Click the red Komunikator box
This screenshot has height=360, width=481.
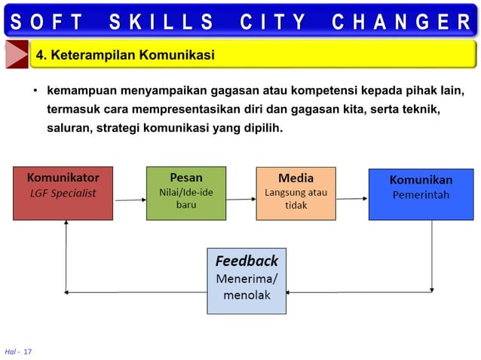click(63, 193)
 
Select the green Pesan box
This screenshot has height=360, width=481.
click(185, 193)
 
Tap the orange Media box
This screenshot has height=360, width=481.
click(296, 193)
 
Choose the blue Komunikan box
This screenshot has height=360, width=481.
click(420, 194)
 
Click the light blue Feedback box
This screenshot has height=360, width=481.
click(247, 280)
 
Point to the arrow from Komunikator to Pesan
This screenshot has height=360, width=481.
click(130, 200)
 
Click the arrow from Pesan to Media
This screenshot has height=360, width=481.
click(240, 200)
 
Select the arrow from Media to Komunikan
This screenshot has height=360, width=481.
click(351, 200)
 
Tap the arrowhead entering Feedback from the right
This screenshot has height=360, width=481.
click(291, 292)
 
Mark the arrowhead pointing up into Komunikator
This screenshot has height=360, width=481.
click(66, 224)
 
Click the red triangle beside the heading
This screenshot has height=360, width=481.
click(17, 55)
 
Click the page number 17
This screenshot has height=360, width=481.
click(28, 352)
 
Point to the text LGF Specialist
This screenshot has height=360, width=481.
click(63, 193)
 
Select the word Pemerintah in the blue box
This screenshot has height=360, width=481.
click(421, 195)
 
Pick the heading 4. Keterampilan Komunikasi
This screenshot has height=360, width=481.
click(126, 55)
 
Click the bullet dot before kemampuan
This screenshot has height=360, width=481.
click(35, 93)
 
